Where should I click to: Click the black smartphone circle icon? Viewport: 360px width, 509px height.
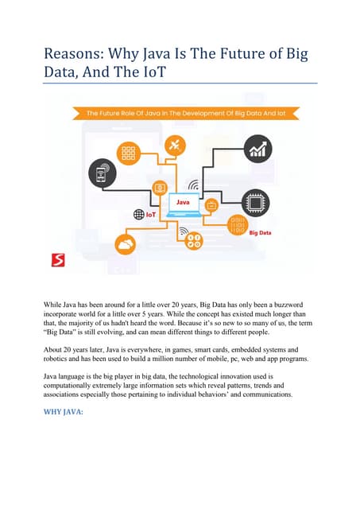tap(101, 173)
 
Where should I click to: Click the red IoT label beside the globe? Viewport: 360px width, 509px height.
tap(151, 214)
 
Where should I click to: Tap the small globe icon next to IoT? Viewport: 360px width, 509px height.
tap(137, 214)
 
